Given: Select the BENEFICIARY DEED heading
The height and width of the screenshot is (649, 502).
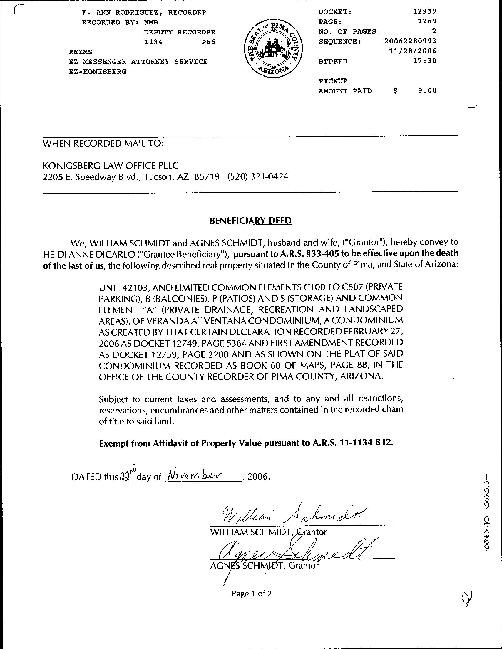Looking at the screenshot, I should point(251,221).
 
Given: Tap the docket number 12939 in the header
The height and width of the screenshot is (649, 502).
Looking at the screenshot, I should point(424,11).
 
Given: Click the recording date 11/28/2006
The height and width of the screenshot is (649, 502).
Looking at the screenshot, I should point(412,51).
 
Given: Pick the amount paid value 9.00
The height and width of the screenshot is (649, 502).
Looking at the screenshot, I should point(427,91).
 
